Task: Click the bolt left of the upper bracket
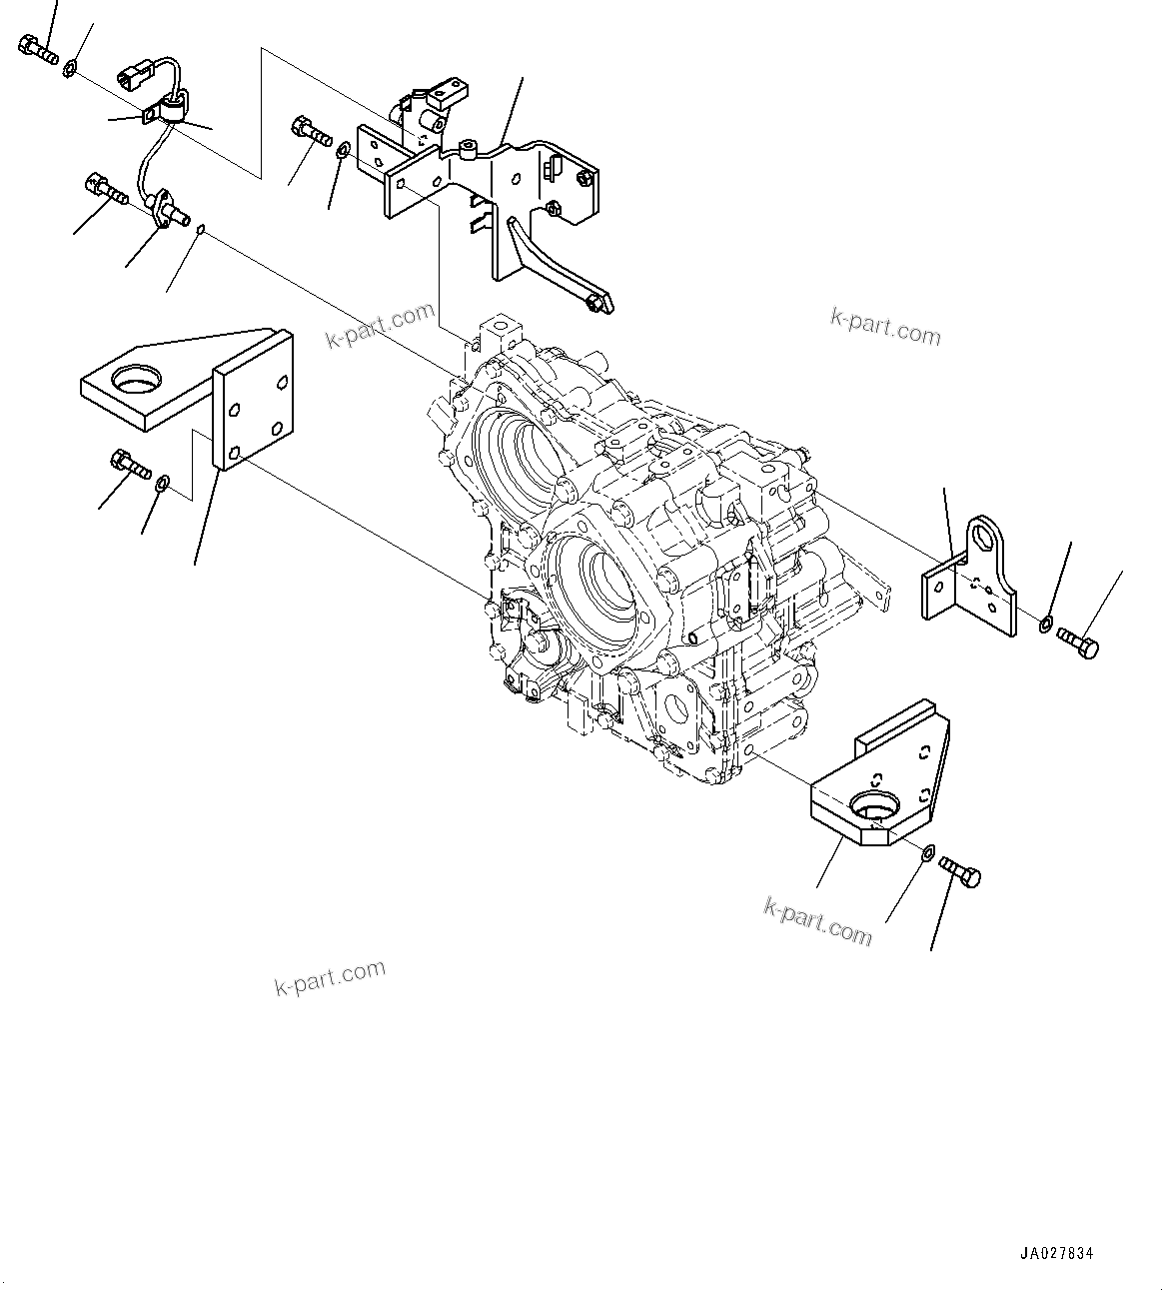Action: (x=311, y=131)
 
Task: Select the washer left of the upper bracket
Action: (x=344, y=151)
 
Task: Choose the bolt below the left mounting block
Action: (x=128, y=464)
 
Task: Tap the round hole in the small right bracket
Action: (x=990, y=538)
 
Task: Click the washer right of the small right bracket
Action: (x=1045, y=626)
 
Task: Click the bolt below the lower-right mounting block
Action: (x=960, y=873)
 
